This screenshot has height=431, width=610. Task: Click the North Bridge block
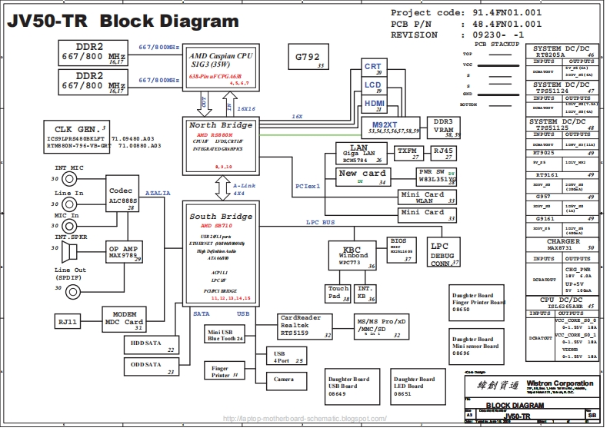tap(222, 145)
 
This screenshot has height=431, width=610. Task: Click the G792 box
tap(310, 59)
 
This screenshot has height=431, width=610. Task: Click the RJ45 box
tap(443, 152)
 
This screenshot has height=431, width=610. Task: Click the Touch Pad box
tap(338, 293)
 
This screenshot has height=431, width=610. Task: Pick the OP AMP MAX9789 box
tap(124, 252)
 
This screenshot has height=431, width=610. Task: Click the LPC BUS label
tap(321, 222)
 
